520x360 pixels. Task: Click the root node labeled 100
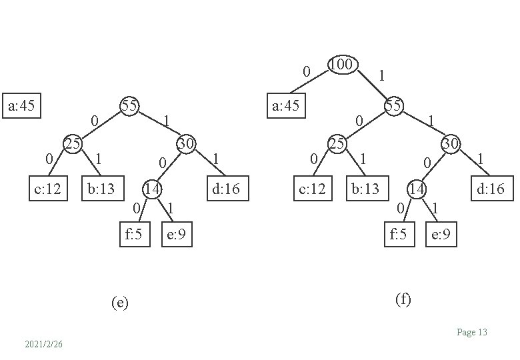(343, 65)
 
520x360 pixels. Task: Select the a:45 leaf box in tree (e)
(22, 105)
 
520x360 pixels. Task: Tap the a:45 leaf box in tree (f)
(286, 105)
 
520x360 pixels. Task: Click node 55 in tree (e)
(129, 106)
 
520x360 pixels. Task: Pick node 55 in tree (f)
(393, 106)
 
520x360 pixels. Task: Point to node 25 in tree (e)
(72, 143)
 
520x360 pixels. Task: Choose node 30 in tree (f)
(451, 143)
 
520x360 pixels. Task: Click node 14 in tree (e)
(153, 189)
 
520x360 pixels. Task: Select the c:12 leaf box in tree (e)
(47, 189)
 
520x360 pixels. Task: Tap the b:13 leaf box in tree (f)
(365, 189)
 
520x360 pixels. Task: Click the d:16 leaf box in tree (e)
(225, 189)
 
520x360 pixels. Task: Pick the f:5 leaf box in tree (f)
(398, 234)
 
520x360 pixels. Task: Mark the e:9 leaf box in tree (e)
(177, 234)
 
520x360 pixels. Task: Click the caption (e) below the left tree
(119, 303)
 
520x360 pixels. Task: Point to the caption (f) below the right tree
(403, 299)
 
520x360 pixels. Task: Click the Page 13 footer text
(472, 332)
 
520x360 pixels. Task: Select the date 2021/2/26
(43, 344)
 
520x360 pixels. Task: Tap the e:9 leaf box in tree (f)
(441, 234)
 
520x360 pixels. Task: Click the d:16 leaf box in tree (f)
(491, 189)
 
